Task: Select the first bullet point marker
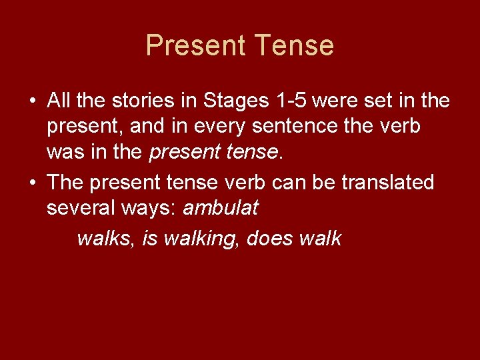32,102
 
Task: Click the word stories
129,101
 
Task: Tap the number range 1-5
290,101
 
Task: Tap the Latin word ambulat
220,208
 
